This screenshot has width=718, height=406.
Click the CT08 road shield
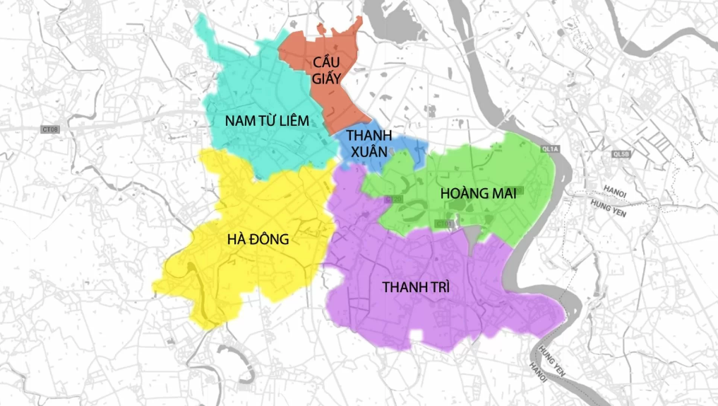tap(49, 129)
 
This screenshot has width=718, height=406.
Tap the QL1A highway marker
tap(551, 149)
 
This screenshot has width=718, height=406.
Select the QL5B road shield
tap(621, 153)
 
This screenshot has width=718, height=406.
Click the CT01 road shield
tap(444, 224)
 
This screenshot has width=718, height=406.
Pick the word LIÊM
tap(292, 121)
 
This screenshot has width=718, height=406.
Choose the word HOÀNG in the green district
tap(464, 193)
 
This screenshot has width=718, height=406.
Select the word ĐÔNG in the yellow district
tap(269, 239)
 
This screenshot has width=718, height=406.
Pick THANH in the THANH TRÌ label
tap(402, 287)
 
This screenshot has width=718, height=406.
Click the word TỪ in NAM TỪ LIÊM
tap(267, 121)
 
